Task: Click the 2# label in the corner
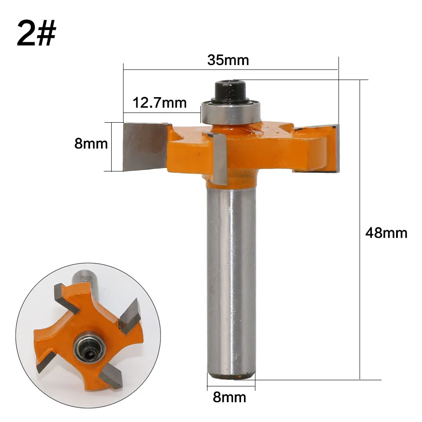click(36, 33)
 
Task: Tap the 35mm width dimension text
click(228, 60)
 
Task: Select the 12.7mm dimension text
click(160, 102)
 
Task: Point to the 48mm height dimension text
click(386, 233)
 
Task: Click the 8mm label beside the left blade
click(91, 143)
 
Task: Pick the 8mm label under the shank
click(229, 397)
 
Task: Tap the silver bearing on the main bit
click(231, 113)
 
